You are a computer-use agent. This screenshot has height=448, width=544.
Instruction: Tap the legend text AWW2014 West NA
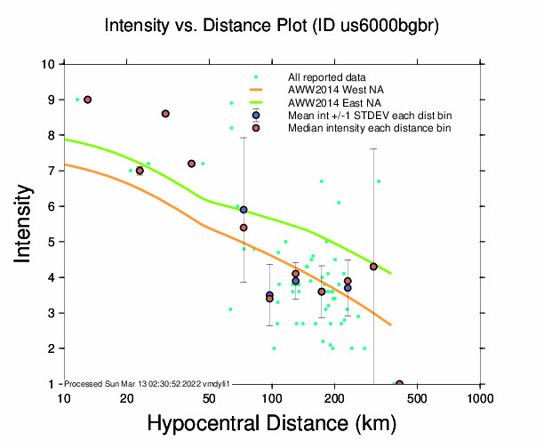click(x=336, y=90)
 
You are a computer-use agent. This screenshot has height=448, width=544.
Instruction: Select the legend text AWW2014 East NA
click(x=336, y=103)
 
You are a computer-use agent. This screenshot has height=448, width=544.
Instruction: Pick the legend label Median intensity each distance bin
click(x=369, y=128)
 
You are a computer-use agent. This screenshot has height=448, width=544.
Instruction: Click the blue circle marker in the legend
click(x=255, y=116)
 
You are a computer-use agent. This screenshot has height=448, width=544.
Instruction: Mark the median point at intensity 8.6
click(x=165, y=114)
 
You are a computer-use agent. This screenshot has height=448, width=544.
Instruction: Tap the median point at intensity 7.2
click(x=191, y=164)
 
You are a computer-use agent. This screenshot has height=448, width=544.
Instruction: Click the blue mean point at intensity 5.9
click(x=244, y=210)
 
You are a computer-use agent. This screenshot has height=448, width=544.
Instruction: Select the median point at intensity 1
click(x=399, y=384)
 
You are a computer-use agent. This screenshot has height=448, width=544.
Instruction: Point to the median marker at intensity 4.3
click(x=373, y=267)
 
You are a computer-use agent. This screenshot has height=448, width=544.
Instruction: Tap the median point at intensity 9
click(x=87, y=100)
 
